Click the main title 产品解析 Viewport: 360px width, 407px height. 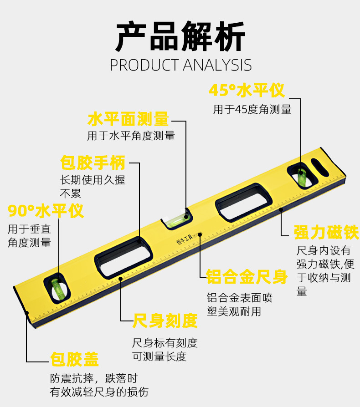(180, 36)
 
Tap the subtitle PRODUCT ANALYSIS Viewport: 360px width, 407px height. (180, 65)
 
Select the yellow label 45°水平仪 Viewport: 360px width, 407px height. (247, 90)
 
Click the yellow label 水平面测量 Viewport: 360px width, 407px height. (128, 119)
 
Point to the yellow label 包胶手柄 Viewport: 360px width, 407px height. (93, 162)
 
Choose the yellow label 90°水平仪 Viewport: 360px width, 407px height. (46, 211)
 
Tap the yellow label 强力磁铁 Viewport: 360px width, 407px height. (326, 232)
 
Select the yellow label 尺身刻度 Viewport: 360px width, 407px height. (165, 321)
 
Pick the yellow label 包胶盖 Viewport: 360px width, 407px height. (74, 359)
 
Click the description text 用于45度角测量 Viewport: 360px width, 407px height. (252, 109)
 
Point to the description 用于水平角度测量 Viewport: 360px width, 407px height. (131, 136)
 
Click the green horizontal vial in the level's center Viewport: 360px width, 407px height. (176, 220)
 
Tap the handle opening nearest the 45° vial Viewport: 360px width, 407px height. (244, 203)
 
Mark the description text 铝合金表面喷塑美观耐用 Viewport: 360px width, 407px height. (240, 305)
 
